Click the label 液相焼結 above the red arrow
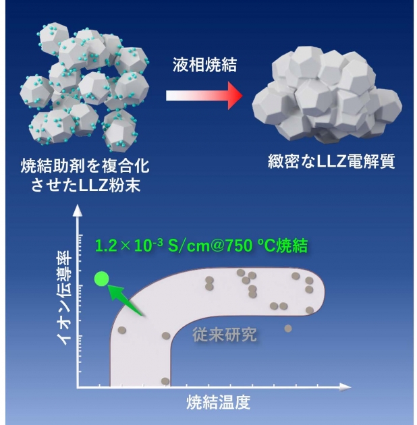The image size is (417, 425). pos(204,65)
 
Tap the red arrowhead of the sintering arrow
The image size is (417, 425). pos(235,95)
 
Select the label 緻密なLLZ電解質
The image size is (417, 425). pos(331,162)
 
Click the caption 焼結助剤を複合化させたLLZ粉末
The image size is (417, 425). pos(85,175)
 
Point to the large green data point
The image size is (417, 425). pos(102,279)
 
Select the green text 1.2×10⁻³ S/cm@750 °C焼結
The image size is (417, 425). pos(202,246)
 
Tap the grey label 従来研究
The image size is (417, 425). pos(225,335)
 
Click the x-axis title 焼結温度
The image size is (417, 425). pos(218,402)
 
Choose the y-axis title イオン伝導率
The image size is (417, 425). pos(64,297)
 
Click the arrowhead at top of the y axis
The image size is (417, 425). pos(78,210)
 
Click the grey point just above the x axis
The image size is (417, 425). pos(165,381)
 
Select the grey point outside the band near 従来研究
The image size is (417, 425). pos(288,329)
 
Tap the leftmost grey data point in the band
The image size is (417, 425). pos(122,330)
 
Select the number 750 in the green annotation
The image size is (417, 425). pos(239,246)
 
